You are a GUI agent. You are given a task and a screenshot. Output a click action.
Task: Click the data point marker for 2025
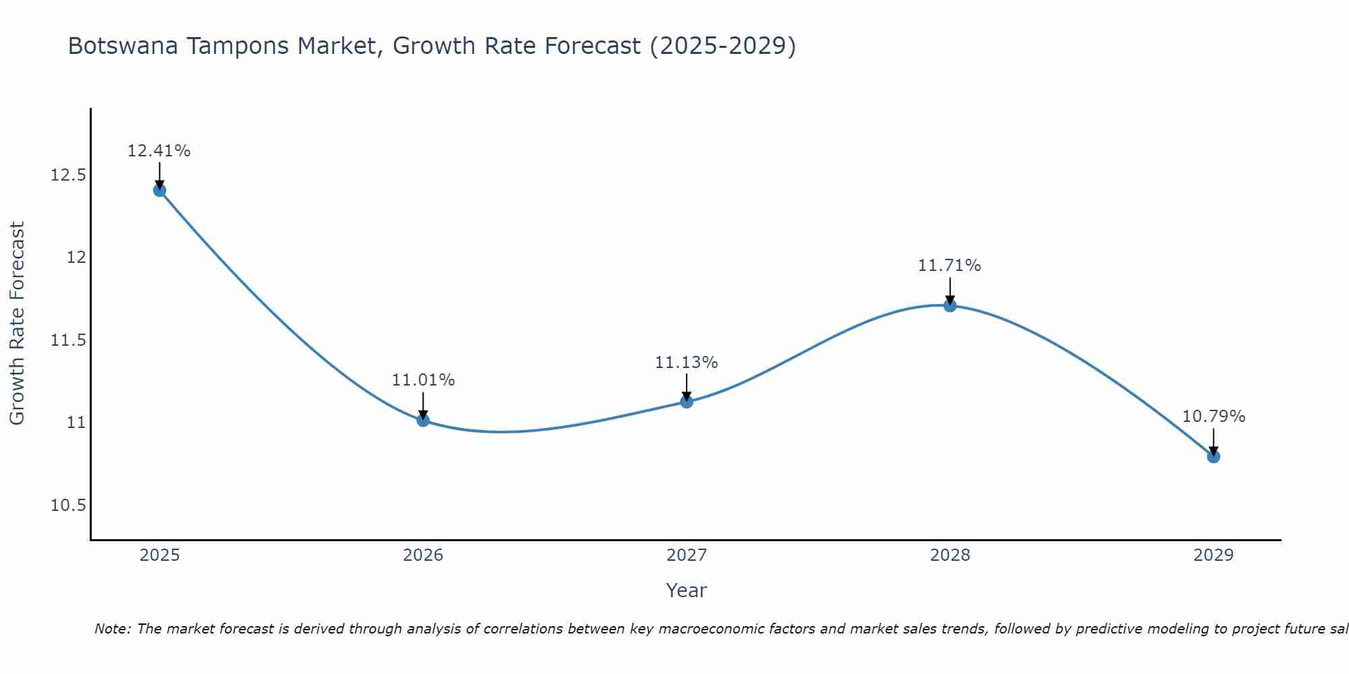coord(159,190)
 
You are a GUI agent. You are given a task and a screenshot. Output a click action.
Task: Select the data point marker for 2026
coord(423,420)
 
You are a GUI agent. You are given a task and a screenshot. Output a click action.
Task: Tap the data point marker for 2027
coord(687,402)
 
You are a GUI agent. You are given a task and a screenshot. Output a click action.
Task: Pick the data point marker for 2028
coord(950,305)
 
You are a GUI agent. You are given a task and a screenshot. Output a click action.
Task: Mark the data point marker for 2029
coord(1213,456)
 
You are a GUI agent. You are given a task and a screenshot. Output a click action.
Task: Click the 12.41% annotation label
coord(159,151)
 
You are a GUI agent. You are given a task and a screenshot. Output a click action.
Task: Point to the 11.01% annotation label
coord(423,380)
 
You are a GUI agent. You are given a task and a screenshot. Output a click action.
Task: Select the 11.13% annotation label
coord(687,363)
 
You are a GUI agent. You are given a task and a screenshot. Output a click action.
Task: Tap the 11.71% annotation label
coord(950,266)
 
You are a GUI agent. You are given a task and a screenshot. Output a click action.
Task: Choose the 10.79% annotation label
coord(1213,417)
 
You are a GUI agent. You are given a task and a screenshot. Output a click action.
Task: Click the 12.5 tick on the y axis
coord(68,175)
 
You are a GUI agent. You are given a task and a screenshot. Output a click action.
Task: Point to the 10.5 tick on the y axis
coord(68,506)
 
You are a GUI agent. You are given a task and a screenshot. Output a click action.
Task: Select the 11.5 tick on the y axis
coord(68,340)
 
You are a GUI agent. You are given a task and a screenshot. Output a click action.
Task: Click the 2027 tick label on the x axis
coord(687,555)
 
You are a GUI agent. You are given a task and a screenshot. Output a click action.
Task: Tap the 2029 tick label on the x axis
coord(1213,555)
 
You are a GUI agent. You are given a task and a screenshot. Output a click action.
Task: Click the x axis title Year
coord(687,590)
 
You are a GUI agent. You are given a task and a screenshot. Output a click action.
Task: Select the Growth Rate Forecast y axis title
coord(17,324)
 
